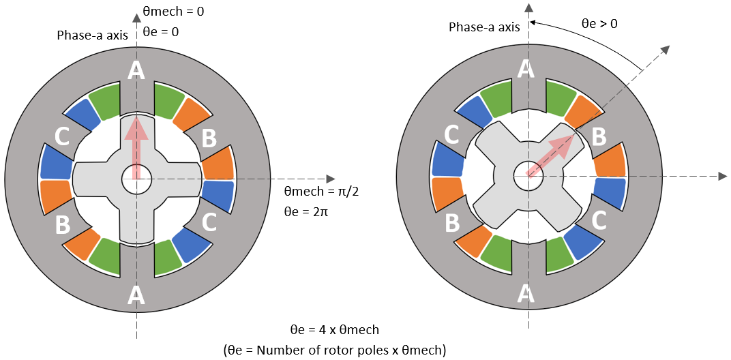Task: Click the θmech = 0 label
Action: [x=173, y=12]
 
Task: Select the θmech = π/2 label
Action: [x=321, y=192]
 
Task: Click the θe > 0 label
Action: [x=599, y=24]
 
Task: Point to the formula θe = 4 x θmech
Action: [x=334, y=330]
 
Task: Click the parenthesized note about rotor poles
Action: [x=334, y=350]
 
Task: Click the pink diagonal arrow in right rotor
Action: [x=551, y=157]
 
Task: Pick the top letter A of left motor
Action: [x=136, y=70]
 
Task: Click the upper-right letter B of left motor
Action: [x=209, y=138]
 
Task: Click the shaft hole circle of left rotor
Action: [x=136, y=180]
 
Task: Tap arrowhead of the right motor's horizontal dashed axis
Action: [x=722, y=176]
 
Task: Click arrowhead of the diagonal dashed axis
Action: [x=666, y=50]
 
